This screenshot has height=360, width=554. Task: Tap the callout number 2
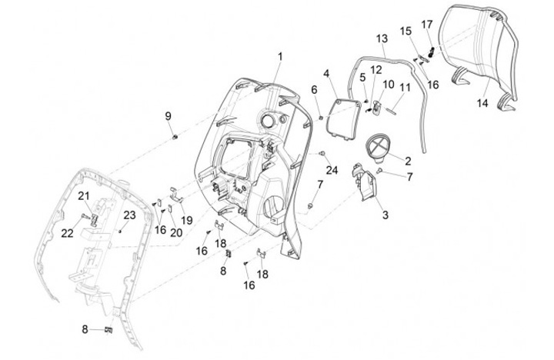[407, 162]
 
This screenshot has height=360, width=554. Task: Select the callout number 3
[385, 215]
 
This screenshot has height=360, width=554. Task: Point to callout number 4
[326, 73]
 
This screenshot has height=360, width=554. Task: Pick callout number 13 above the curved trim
[382, 38]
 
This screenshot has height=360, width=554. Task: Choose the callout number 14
[482, 102]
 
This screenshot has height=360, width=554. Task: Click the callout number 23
[130, 215]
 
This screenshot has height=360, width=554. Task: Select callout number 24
[332, 169]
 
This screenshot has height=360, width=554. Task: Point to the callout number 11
[405, 87]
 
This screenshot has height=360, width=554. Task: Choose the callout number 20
[176, 233]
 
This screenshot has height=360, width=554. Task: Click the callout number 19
[187, 219]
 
